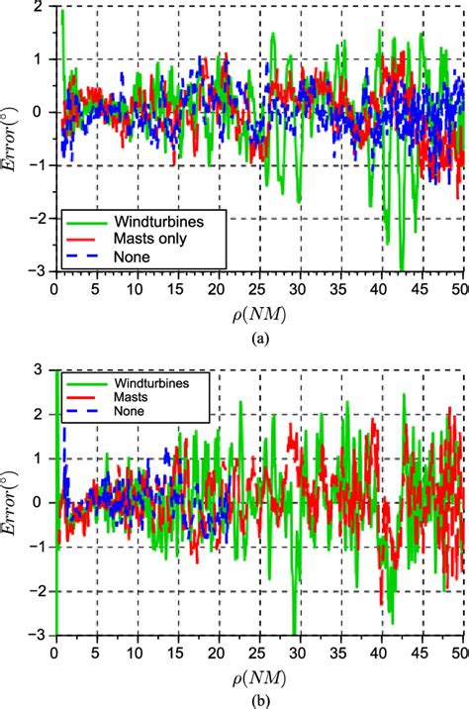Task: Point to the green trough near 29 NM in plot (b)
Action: [294, 632]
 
